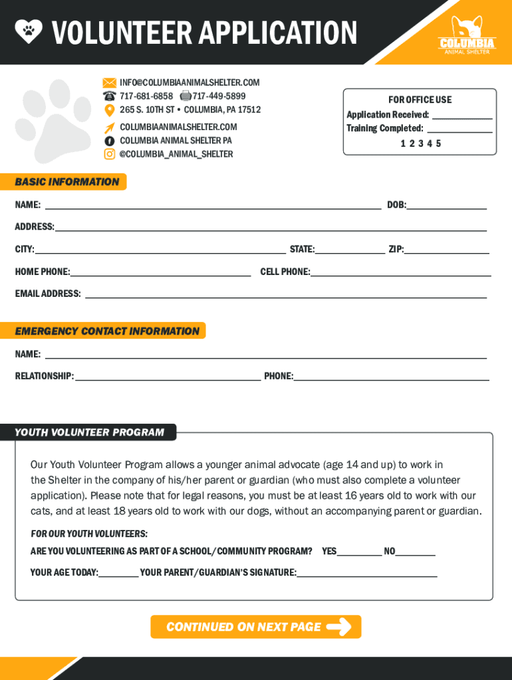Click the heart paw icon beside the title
[29, 31]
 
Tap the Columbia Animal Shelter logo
[467, 35]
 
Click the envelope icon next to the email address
[109, 83]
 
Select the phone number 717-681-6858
[146, 96]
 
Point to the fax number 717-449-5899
[219, 96]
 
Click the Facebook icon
[109, 141]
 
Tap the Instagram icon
[109, 154]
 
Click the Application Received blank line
[462, 117]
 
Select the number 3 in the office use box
[421, 143]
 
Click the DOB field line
[446, 208]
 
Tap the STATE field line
[350, 252]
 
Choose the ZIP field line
[446, 252]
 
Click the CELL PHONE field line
[400, 274]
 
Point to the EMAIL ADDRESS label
[48, 294]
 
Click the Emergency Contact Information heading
[107, 331]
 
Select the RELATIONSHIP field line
[168, 379]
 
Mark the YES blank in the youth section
[360, 554]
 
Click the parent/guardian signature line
[367, 575]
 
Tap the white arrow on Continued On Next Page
[339, 627]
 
